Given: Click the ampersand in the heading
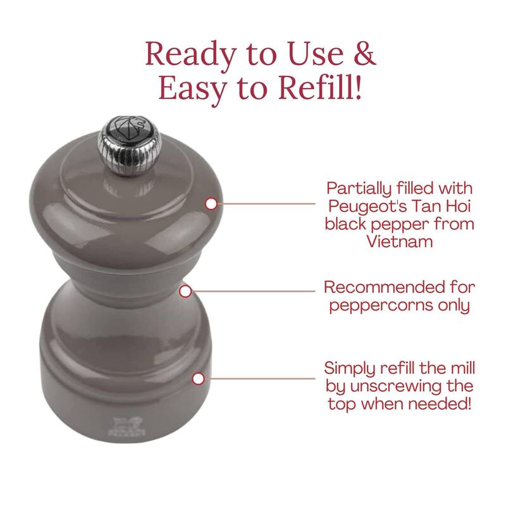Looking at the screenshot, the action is (365, 53).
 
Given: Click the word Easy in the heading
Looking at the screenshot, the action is (193, 89).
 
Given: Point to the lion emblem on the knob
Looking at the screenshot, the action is (130, 128).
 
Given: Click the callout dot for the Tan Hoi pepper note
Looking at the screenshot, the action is (211, 204).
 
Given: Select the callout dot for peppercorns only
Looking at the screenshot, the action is (185, 292).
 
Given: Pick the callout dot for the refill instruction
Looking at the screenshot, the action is (198, 378).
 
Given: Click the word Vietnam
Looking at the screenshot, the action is (400, 241).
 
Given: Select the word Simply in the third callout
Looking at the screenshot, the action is (350, 369).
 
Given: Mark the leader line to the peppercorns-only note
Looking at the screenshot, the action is (254, 292).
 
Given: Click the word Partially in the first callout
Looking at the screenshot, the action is (359, 188).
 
